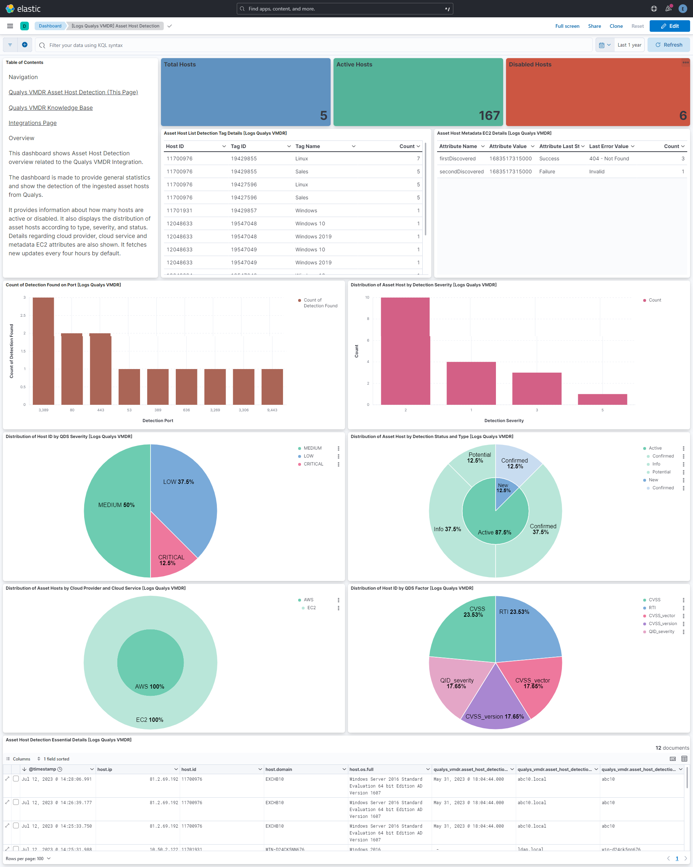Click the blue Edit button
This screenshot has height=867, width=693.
pyautogui.click(x=669, y=26)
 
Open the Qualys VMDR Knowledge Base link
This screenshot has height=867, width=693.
pyautogui.click(x=51, y=108)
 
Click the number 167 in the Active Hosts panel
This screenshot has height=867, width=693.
pyautogui.click(x=489, y=116)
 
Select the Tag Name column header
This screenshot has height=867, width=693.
pyautogui.click(x=308, y=146)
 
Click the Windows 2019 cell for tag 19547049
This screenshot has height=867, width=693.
pyautogui.click(x=313, y=263)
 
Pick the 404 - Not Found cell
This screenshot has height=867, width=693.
pyautogui.click(x=609, y=159)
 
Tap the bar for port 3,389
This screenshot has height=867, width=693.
pyautogui.click(x=43, y=351)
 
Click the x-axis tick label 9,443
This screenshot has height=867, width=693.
pyautogui.click(x=272, y=410)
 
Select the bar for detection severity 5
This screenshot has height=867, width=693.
pyautogui.click(x=602, y=399)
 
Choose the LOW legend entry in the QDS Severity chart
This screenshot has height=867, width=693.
pyautogui.click(x=308, y=456)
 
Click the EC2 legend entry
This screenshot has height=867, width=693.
pyautogui.click(x=311, y=608)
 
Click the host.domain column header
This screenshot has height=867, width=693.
pyautogui.click(x=279, y=769)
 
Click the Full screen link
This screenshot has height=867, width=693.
pyautogui.click(x=567, y=26)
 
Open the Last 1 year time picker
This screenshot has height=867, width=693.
pyautogui.click(x=629, y=45)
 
